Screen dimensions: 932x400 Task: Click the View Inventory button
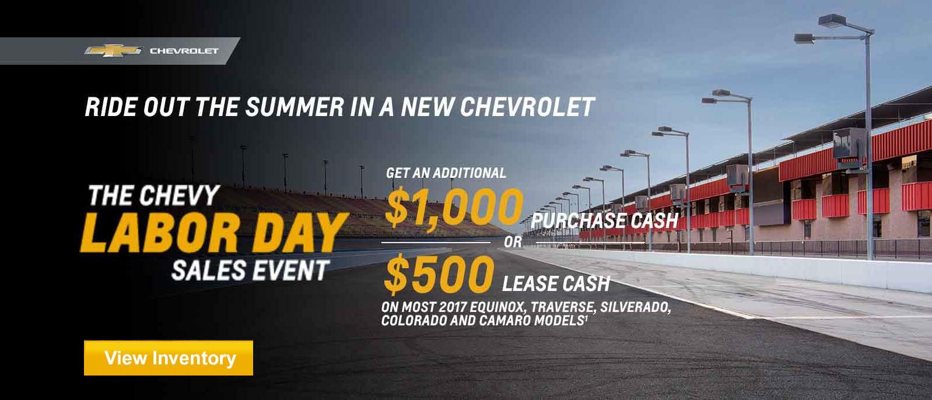tap(169, 357)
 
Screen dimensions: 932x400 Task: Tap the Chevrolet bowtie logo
tap(114, 50)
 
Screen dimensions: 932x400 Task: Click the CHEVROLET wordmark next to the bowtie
tap(184, 51)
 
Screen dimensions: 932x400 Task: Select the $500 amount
tap(439, 275)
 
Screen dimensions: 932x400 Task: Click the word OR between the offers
tap(513, 242)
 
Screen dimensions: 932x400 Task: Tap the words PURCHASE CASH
tap(605, 220)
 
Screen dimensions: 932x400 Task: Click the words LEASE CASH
tap(556, 283)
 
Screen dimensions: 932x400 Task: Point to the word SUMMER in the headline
tap(295, 107)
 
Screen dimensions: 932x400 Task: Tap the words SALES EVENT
tap(250, 271)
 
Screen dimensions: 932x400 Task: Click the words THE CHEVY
tap(154, 195)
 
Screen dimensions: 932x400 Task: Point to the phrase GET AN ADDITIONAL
tap(446, 173)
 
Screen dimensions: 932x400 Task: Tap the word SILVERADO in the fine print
tap(636, 307)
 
